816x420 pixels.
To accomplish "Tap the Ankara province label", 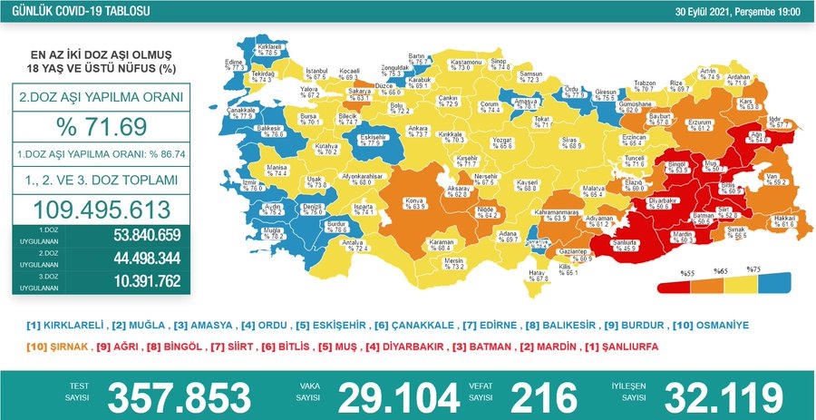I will [x=417, y=132].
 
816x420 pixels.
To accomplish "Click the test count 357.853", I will [x=180, y=396].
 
